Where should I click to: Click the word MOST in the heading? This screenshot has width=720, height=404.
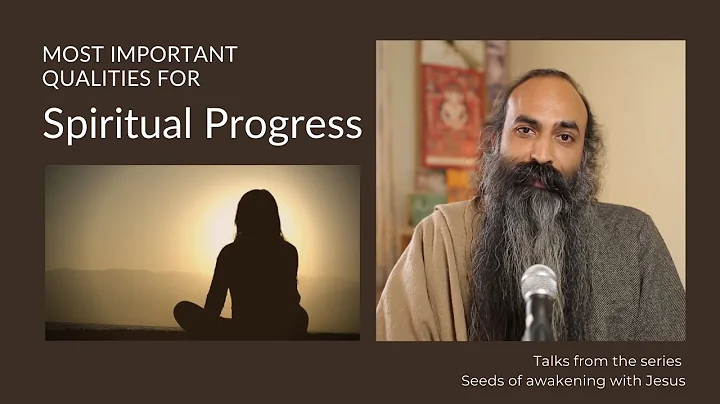(69, 53)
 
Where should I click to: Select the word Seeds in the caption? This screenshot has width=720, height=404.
(480, 380)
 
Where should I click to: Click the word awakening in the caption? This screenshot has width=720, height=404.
(566, 380)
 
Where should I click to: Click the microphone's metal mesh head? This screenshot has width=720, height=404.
(539, 285)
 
